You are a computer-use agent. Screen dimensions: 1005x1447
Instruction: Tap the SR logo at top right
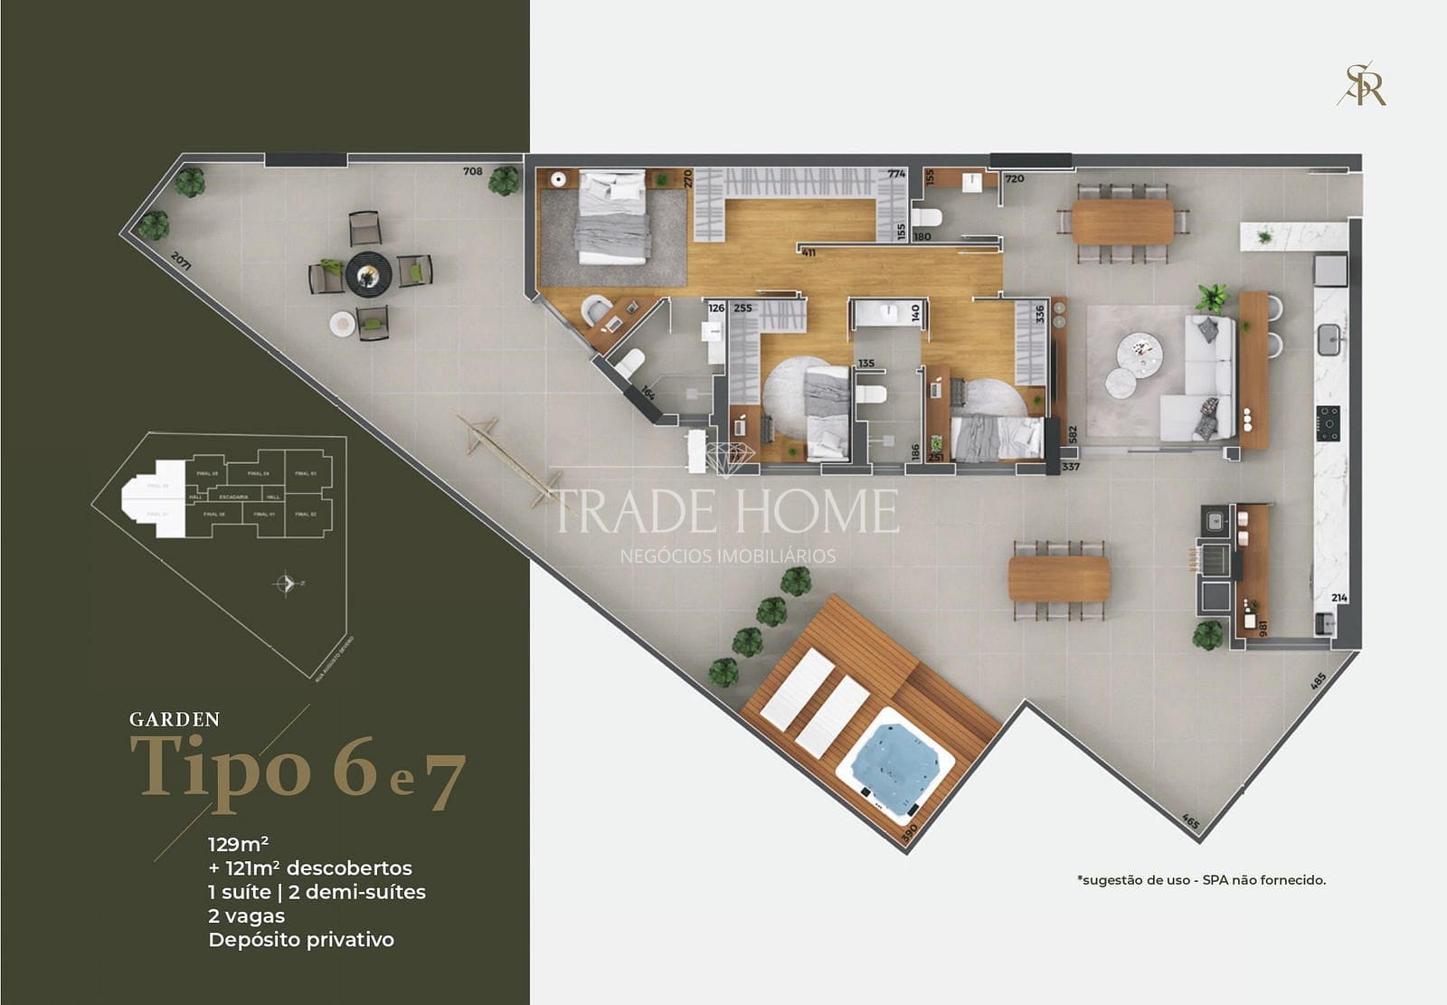[x=1363, y=85]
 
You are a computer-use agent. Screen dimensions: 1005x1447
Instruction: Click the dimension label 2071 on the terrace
[x=181, y=262]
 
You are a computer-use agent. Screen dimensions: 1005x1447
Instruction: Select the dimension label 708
[x=472, y=171]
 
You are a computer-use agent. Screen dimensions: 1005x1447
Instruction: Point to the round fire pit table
[x=368, y=273]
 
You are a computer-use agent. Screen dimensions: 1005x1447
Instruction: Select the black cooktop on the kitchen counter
[x=1329, y=422]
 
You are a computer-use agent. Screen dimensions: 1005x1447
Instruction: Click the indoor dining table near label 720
[x=1122, y=222]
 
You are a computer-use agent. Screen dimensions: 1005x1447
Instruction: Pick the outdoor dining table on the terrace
[x=1059, y=579]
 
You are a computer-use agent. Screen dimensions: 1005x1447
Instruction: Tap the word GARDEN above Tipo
[x=175, y=720]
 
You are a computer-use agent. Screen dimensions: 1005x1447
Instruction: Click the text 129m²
[x=238, y=844]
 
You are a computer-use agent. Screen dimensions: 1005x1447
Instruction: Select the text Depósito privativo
[x=301, y=940]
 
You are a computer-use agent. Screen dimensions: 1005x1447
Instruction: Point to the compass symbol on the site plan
[x=286, y=583]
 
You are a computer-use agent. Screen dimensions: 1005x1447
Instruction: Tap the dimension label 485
[x=1318, y=680]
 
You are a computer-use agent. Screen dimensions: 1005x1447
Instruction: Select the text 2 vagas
[x=246, y=915]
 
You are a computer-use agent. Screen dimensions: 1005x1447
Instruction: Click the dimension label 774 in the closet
[x=895, y=174]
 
